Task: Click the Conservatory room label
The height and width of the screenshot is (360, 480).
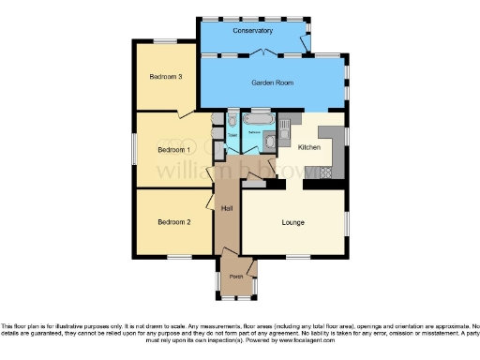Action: pos(253,31)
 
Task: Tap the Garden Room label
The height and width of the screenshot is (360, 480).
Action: pos(272,83)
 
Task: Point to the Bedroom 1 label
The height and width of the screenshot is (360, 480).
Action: pos(173,149)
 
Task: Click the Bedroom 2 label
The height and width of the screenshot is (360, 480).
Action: pos(173,222)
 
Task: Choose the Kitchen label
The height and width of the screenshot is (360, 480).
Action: pos(309,148)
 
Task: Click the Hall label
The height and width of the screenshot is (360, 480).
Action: pos(227,208)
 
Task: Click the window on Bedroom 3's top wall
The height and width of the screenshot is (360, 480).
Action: pos(166,40)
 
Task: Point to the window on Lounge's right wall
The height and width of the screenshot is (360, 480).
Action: pos(346,223)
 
